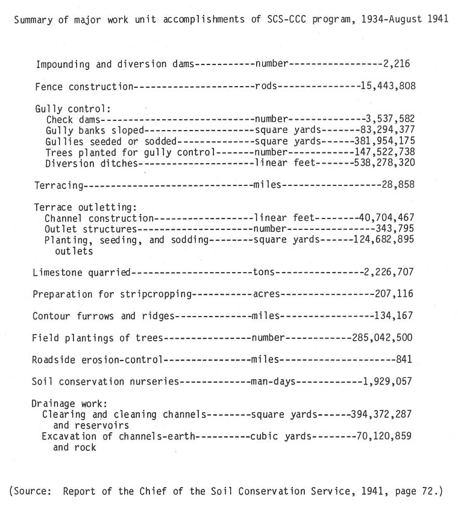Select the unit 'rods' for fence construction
pyautogui.click(x=266, y=86)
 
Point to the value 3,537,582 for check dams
pyautogui.click(x=390, y=120)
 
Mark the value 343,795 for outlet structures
pyautogui.click(x=392, y=229)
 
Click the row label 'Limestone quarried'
pyautogui.click(x=81, y=273)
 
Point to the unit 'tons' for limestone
pyautogui.click(x=263, y=273)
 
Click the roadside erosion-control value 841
pyautogui.click(x=404, y=360)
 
